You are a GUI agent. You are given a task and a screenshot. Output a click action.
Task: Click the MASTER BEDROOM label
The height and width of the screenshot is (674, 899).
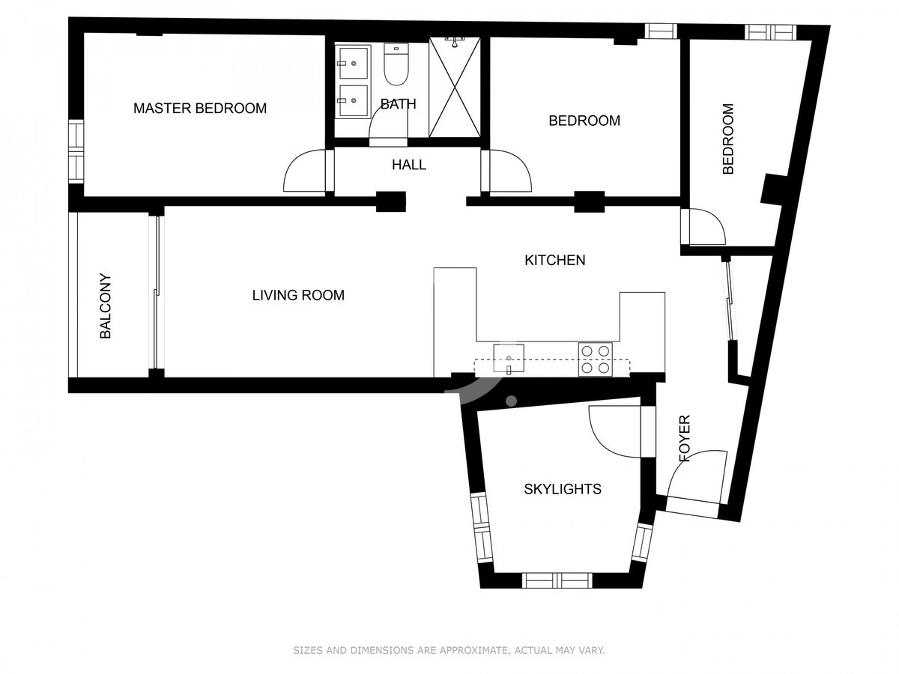[x=199, y=108]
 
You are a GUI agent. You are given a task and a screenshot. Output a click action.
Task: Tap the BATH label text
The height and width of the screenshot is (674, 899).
[x=398, y=104]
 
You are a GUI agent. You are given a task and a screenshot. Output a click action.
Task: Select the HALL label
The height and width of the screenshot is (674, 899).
[x=408, y=165]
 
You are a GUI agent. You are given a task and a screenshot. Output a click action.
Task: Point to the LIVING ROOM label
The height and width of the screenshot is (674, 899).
[x=297, y=295]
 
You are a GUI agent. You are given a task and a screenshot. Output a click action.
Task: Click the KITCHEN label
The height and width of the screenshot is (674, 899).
[x=554, y=261]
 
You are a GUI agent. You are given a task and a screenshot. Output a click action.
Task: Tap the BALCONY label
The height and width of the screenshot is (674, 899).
[x=106, y=306]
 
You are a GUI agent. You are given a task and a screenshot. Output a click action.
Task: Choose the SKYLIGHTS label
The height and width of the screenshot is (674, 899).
[x=563, y=489]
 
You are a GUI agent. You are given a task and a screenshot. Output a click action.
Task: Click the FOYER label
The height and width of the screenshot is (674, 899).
[x=684, y=438]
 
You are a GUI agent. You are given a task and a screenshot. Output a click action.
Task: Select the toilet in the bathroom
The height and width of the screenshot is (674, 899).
[x=396, y=64]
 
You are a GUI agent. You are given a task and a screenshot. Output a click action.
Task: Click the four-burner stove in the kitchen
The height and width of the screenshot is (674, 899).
[x=595, y=359]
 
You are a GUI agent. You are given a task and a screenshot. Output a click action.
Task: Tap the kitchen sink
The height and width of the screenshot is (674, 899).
[x=508, y=359]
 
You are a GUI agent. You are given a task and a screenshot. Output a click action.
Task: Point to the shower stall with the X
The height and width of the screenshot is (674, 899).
[x=454, y=87]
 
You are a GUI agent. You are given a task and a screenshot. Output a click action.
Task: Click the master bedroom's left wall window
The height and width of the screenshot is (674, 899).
[x=76, y=151]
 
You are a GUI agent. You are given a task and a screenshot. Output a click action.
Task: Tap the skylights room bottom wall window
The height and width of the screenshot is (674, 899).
[x=557, y=580]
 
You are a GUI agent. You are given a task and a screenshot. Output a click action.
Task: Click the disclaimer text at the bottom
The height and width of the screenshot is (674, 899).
[x=449, y=649]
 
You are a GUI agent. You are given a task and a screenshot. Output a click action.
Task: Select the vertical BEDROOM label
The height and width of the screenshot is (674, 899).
[x=727, y=139]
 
